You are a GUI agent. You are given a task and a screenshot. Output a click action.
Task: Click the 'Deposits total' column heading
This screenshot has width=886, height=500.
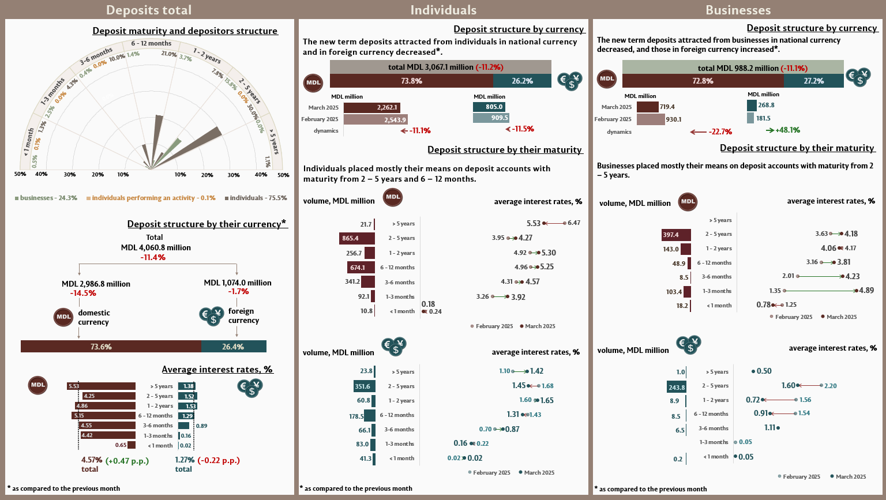click(x=149, y=10)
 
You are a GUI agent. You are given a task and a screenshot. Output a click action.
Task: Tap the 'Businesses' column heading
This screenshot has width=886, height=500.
click(x=738, y=10)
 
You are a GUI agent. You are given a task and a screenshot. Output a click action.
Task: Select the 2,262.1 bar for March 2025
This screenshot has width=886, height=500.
click(x=371, y=107)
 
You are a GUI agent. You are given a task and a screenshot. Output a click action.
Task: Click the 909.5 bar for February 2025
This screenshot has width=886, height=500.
click(x=491, y=118)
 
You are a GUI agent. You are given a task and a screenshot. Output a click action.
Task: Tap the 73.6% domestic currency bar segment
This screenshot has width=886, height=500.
click(x=111, y=347)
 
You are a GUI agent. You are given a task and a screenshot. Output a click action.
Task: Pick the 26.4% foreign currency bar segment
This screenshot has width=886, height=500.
click(x=234, y=347)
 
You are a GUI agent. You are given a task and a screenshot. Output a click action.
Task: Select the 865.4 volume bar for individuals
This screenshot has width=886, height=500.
click(x=356, y=238)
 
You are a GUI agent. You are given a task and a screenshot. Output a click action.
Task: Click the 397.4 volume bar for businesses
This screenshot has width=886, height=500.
click(x=676, y=235)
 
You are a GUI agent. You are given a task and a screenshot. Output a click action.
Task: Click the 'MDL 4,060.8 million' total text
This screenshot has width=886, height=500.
click(x=156, y=247)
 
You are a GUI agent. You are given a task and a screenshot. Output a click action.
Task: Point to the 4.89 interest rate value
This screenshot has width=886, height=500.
click(x=866, y=291)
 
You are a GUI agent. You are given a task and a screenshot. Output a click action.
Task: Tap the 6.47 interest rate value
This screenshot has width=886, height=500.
click(x=574, y=223)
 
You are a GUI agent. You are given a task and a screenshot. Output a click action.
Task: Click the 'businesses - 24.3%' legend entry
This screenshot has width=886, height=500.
click(x=46, y=198)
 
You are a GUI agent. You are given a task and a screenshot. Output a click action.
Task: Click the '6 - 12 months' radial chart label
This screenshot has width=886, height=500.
click(x=151, y=43)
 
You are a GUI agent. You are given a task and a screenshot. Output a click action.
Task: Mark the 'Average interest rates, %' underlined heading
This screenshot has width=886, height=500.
click(x=217, y=370)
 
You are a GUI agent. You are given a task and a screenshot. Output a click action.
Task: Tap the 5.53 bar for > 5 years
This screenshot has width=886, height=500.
click(x=102, y=386)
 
